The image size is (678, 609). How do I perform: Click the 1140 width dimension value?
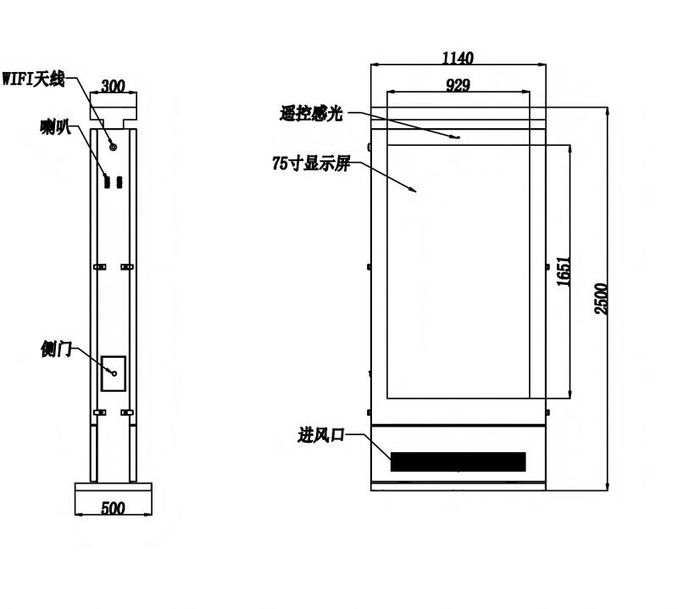coord(458,58)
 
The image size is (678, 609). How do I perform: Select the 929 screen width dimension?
coord(458,86)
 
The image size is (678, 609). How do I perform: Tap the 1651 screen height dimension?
coord(564,271)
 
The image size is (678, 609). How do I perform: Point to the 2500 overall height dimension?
coord(601,299)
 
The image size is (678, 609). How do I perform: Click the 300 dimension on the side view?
coord(113,87)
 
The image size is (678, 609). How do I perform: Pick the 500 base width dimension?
coord(113,508)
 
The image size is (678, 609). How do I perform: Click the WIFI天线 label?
coord(33,79)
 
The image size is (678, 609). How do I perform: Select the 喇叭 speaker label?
coord(55,126)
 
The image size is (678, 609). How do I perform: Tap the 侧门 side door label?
coord(56,349)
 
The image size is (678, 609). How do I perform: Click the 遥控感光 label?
coord(311,114)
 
